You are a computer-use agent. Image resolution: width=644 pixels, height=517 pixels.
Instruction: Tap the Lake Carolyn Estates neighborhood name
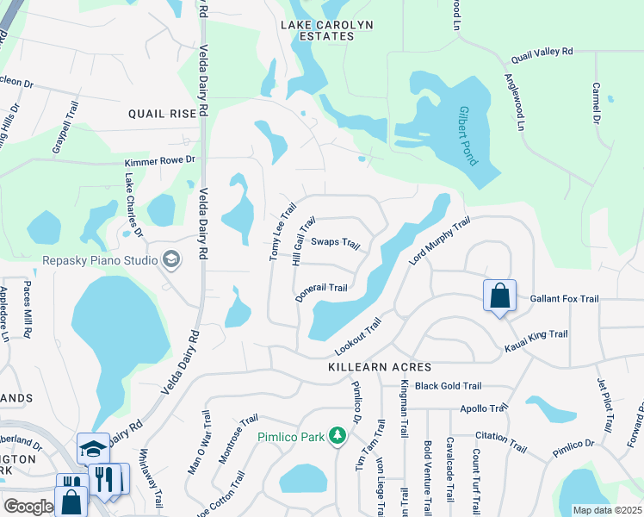pos(327,31)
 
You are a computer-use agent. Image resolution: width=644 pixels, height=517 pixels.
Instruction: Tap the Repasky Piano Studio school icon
pos(170,258)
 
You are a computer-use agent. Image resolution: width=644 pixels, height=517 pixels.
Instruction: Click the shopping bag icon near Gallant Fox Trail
pos(499,297)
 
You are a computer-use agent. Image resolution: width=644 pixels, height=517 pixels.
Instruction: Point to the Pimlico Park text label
pos(291,437)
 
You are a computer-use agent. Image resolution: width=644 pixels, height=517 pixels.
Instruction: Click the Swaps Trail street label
pos(335,243)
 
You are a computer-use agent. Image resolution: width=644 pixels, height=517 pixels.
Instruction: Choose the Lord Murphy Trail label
pos(439,240)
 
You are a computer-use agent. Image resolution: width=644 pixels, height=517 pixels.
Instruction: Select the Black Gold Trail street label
pos(448,387)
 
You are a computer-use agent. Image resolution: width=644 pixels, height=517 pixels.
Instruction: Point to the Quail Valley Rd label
pos(542,53)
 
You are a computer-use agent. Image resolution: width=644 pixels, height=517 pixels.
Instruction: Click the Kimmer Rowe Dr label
pos(160,160)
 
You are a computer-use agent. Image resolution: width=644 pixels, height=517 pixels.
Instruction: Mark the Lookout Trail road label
pos(357,339)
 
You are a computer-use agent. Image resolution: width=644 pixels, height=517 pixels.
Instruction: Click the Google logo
pos(28,507)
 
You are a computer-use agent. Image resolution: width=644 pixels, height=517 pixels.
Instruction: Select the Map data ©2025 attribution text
pos(606,510)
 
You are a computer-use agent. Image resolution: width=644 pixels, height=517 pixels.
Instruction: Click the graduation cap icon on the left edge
pos(93,448)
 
